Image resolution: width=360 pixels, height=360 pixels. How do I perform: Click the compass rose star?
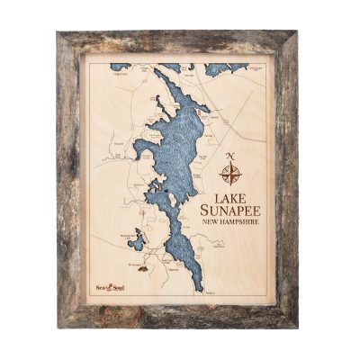(230, 171)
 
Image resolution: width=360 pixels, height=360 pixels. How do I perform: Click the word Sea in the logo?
(102, 286)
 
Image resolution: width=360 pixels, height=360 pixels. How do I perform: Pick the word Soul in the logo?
(116, 286)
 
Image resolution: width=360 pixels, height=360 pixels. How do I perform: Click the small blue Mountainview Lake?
(136, 241)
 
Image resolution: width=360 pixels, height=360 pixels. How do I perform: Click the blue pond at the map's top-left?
(120, 67)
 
